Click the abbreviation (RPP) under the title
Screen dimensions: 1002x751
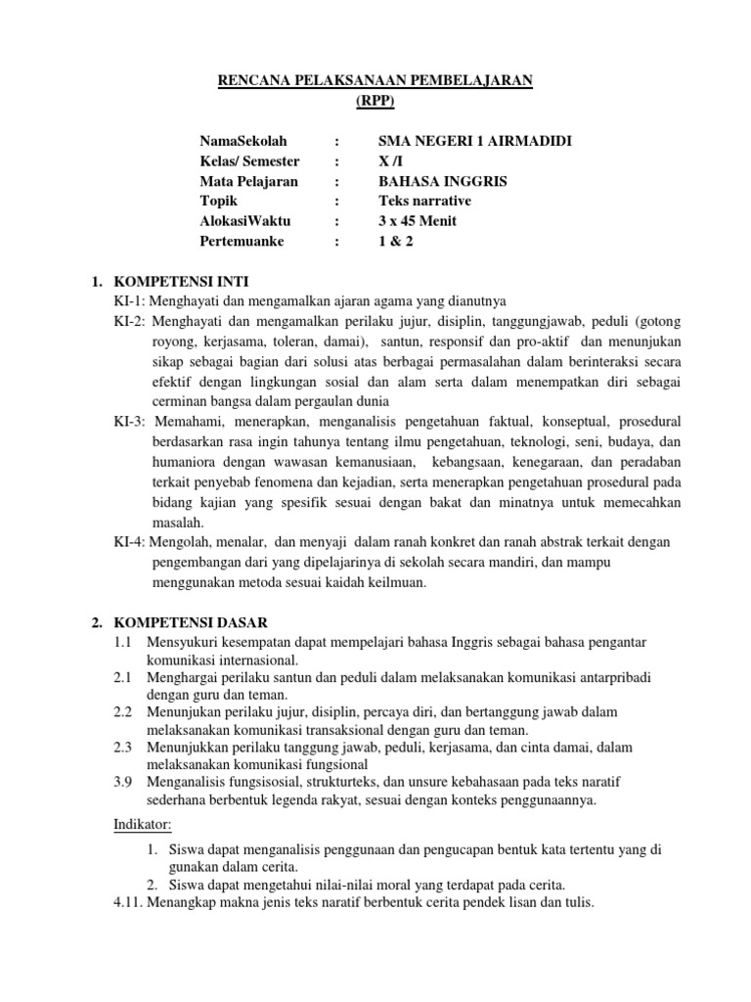[x=375, y=101]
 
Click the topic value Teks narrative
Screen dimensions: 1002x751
[x=424, y=201]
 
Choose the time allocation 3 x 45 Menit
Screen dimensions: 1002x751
[x=418, y=220]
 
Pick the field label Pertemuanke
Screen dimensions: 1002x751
[x=240, y=241]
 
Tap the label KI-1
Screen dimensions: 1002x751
[x=128, y=300]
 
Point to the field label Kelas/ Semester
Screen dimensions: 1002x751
[x=249, y=161]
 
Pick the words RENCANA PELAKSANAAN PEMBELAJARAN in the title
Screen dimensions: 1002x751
[x=375, y=81]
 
